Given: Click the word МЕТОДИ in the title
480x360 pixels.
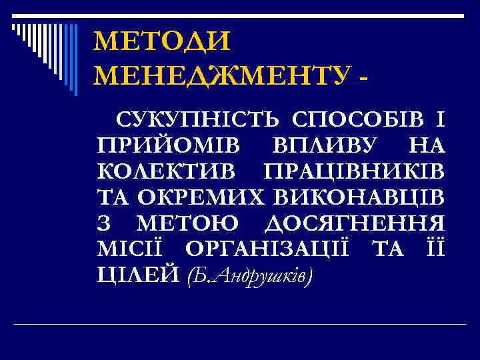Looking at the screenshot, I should [x=162, y=42].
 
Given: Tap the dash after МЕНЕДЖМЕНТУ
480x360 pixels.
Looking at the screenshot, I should [x=363, y=77].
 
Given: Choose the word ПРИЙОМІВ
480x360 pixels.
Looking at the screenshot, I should [x=169, y=145].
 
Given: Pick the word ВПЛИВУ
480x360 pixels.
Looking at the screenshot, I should [x=325, y=145].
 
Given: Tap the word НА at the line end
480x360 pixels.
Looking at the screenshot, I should [x=427, y=145].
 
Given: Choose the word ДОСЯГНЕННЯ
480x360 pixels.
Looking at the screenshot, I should [x=357, y=221].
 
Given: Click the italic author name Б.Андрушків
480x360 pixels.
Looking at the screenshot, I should [x=249, y=273].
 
